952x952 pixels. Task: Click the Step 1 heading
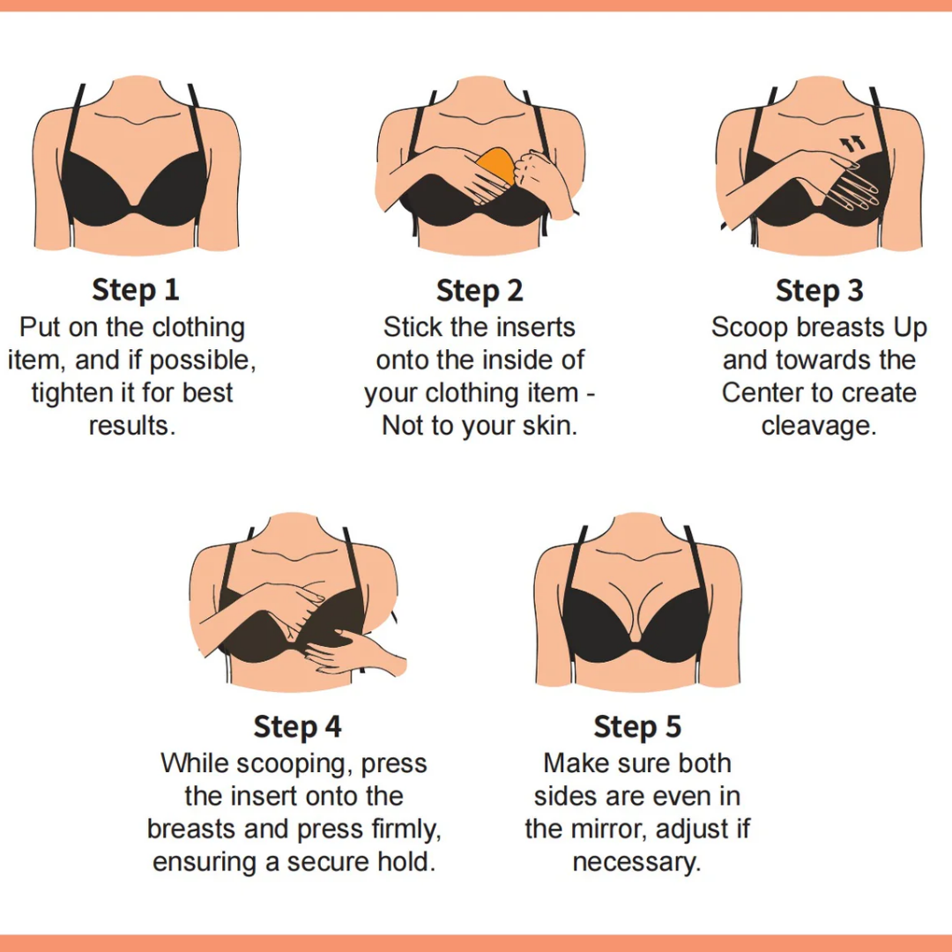(136, 290)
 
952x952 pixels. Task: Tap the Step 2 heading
(480, 290)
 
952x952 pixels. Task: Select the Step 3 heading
(820, 290)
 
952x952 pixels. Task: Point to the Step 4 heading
(298, 726)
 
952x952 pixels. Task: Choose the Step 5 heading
(637, 726)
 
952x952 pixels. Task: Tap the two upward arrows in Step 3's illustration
(852, 144)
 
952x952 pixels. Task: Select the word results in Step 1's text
(132, 427)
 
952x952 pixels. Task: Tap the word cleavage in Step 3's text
(819, 427)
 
